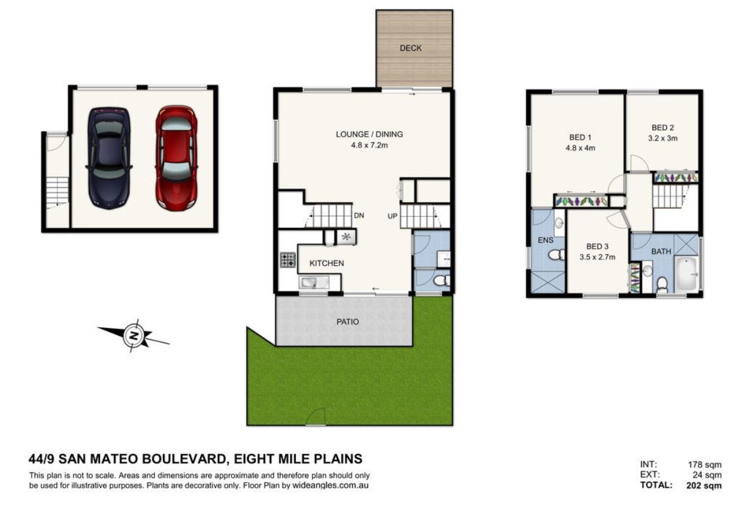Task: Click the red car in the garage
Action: tap(176, 158)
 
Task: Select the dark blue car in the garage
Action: tap(109, 158)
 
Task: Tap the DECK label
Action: tap(411, 48)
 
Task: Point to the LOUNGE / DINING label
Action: tap(369, 134)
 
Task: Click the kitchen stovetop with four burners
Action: tap(288, 260)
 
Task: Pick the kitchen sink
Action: tap(314, 283)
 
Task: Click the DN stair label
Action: tap(359, 216)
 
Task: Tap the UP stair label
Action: tap(393, 216)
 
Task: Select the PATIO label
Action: tap(348, 322)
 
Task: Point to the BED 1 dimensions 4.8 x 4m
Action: tap(580, 148)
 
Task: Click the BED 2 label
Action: tap(663, 128)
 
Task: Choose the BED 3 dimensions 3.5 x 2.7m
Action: tap(598, 257)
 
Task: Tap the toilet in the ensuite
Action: tap(557, 255)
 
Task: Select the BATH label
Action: tap(661, 252)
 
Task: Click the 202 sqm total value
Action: tap(704, 486)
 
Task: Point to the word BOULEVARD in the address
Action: tap(184, 459)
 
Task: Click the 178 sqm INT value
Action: tap(705, 464)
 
